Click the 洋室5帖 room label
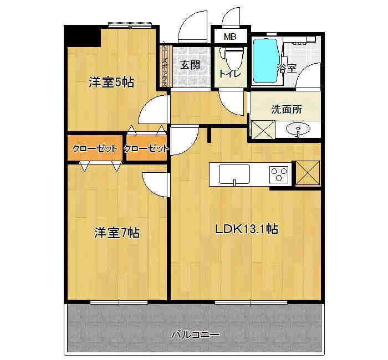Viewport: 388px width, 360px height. (x=111, y=83)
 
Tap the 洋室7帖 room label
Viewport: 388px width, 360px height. (x=116, y=233)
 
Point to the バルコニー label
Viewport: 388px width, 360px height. (x=195, y=335)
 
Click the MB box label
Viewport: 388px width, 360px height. (x=229, y=37)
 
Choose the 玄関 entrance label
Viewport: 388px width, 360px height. (x=190, y=65)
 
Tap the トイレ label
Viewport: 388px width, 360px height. (x=229, y=74)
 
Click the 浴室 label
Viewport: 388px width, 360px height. (x=287, y=68)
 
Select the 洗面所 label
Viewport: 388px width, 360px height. (x=287, y=109)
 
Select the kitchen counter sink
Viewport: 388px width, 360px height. (x=235, y=174)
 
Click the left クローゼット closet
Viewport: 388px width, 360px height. (x=94, y=148)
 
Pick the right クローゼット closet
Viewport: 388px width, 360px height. (x=146, y=148)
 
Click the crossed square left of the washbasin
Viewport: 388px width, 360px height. (x=263, y=130)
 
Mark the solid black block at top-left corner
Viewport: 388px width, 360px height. (x=82, y=37)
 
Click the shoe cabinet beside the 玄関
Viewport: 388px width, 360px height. (x=165, y=65)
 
